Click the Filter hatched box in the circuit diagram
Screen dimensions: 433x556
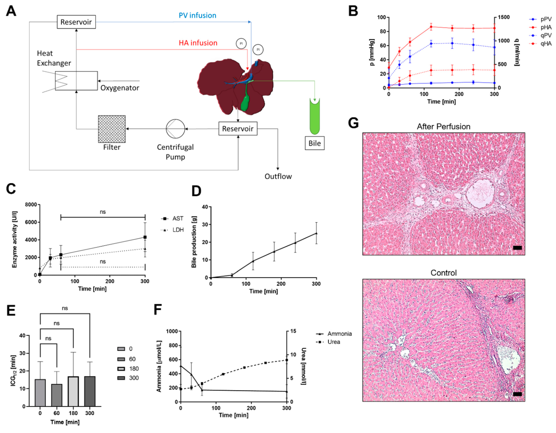point(112,129)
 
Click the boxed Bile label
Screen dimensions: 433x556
point(315,143)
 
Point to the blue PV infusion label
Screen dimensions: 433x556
point(197,16)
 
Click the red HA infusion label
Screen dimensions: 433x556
point(198,43)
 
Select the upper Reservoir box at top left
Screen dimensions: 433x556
point(76,22)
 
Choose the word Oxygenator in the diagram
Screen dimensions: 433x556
point(120,88)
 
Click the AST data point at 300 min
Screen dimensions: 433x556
point(145,237)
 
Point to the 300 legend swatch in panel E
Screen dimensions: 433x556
point(121,378)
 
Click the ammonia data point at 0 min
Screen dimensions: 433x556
point(181,366)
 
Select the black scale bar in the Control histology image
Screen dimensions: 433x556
point(517,394)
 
